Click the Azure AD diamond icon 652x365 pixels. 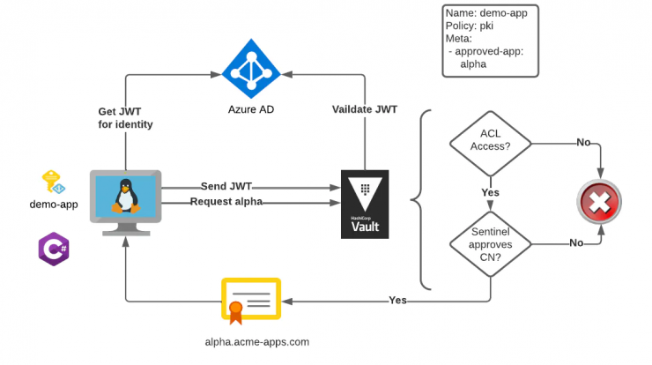251,69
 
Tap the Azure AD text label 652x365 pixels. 251,109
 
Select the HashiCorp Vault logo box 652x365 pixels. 365,204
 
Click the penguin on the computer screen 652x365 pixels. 125,196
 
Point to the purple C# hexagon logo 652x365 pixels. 54,249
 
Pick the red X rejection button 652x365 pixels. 599,202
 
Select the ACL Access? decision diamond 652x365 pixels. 490,144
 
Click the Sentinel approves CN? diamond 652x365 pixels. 490,244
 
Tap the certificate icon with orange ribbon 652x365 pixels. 251,301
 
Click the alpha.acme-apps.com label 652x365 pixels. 257,342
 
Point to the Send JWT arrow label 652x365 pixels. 226,186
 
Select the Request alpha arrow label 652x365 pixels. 226,201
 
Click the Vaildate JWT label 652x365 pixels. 365,109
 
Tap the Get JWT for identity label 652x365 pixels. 125,118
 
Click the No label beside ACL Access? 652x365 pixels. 583,142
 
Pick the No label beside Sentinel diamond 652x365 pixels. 576,242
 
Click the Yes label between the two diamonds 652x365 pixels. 490,192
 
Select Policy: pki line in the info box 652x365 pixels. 470,26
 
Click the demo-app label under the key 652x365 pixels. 54,205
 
